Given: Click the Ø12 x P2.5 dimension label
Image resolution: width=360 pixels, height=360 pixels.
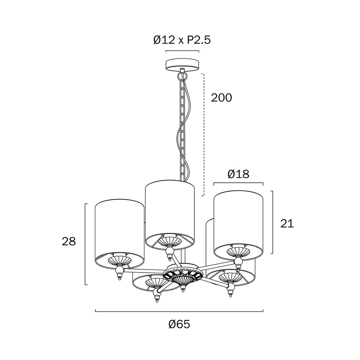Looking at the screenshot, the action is pyautogui.click(x=182, y=40).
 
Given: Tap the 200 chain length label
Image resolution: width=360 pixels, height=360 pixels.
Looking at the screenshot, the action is pyautogui.click(x=221, y=98).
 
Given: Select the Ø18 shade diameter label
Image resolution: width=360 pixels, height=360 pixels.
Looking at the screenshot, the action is pyautogui.click(x=238, y=174).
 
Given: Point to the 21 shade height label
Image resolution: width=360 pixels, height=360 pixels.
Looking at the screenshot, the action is pyautogui.click(x=287, y=224).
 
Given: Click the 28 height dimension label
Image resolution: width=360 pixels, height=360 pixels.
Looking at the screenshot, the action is pyautogui.click(x=69, y=242).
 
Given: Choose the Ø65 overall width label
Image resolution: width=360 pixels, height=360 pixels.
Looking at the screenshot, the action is pyautogui.click(x=179, y=324).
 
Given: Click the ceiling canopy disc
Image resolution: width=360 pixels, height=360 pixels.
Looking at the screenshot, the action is pyautogui.click(x=182, y=65).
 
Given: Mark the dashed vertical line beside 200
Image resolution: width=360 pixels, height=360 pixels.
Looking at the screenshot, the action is pyautogui.click(x=203, y=135).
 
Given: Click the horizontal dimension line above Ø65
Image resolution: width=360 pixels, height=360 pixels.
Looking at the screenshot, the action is pyautogui.click(x=179, y=311).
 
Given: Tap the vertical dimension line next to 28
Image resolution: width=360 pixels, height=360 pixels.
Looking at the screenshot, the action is pyautogui.click(x=86, y=244).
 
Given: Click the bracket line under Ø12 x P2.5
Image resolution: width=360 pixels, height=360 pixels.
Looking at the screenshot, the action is pyautogui.click(x=182, y=51).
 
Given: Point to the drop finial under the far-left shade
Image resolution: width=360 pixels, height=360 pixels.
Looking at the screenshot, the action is pyautogui.click(x=119, y=274).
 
